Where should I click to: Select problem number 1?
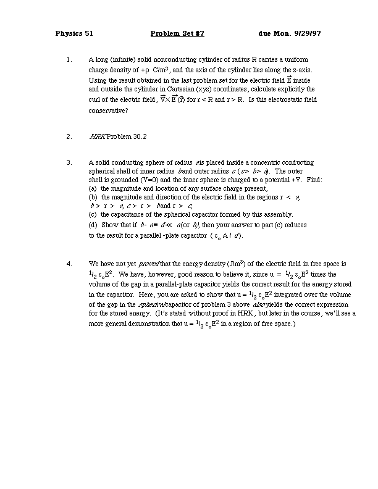(x=68, y=60)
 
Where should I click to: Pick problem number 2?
(x=68, y=136)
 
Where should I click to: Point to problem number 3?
(x=68, y=162)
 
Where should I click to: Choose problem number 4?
(x=68, y=263)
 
